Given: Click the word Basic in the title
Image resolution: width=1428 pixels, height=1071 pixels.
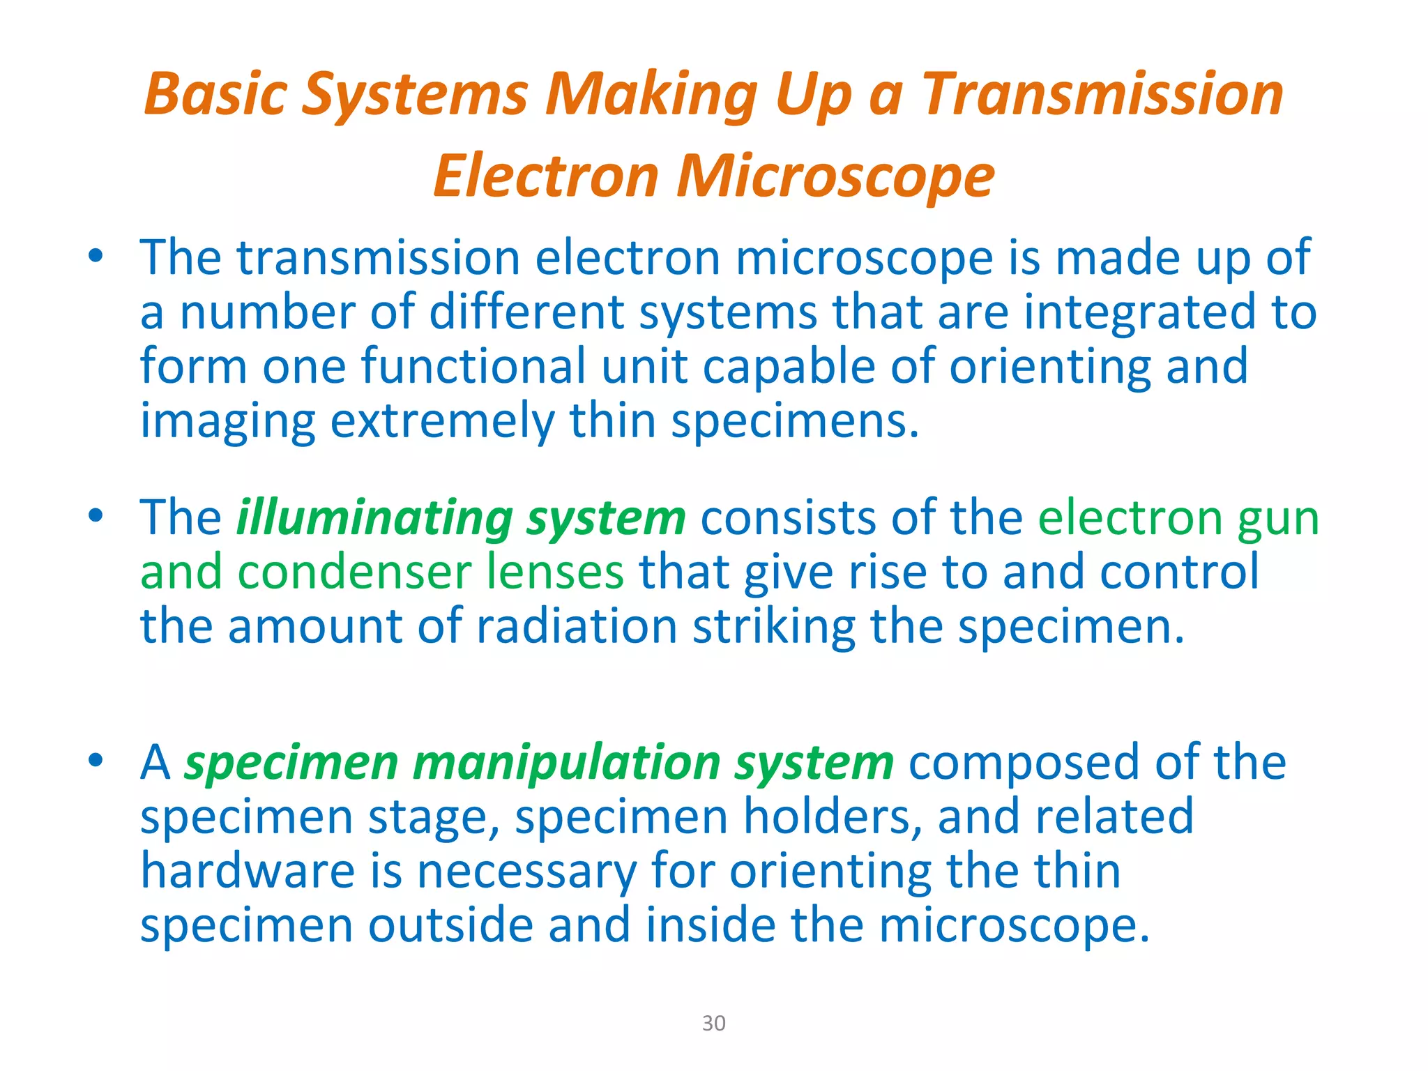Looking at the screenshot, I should [215, 94].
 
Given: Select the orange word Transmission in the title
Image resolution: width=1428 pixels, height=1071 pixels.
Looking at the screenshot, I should [1103, 94].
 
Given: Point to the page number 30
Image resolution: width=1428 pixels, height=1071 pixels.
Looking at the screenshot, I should [713, 1023].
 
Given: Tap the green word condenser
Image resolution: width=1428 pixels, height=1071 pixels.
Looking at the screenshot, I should [354, 572].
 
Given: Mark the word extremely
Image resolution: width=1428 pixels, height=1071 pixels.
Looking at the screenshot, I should [442, 421].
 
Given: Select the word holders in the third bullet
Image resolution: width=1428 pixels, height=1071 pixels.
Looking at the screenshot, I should [829, 816].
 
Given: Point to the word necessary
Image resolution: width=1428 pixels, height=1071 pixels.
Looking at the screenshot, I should [526, 872].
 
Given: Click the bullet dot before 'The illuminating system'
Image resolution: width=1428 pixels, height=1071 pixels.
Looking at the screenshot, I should [96, 516].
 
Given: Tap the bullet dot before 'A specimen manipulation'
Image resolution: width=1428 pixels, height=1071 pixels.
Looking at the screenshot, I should [96, 760].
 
